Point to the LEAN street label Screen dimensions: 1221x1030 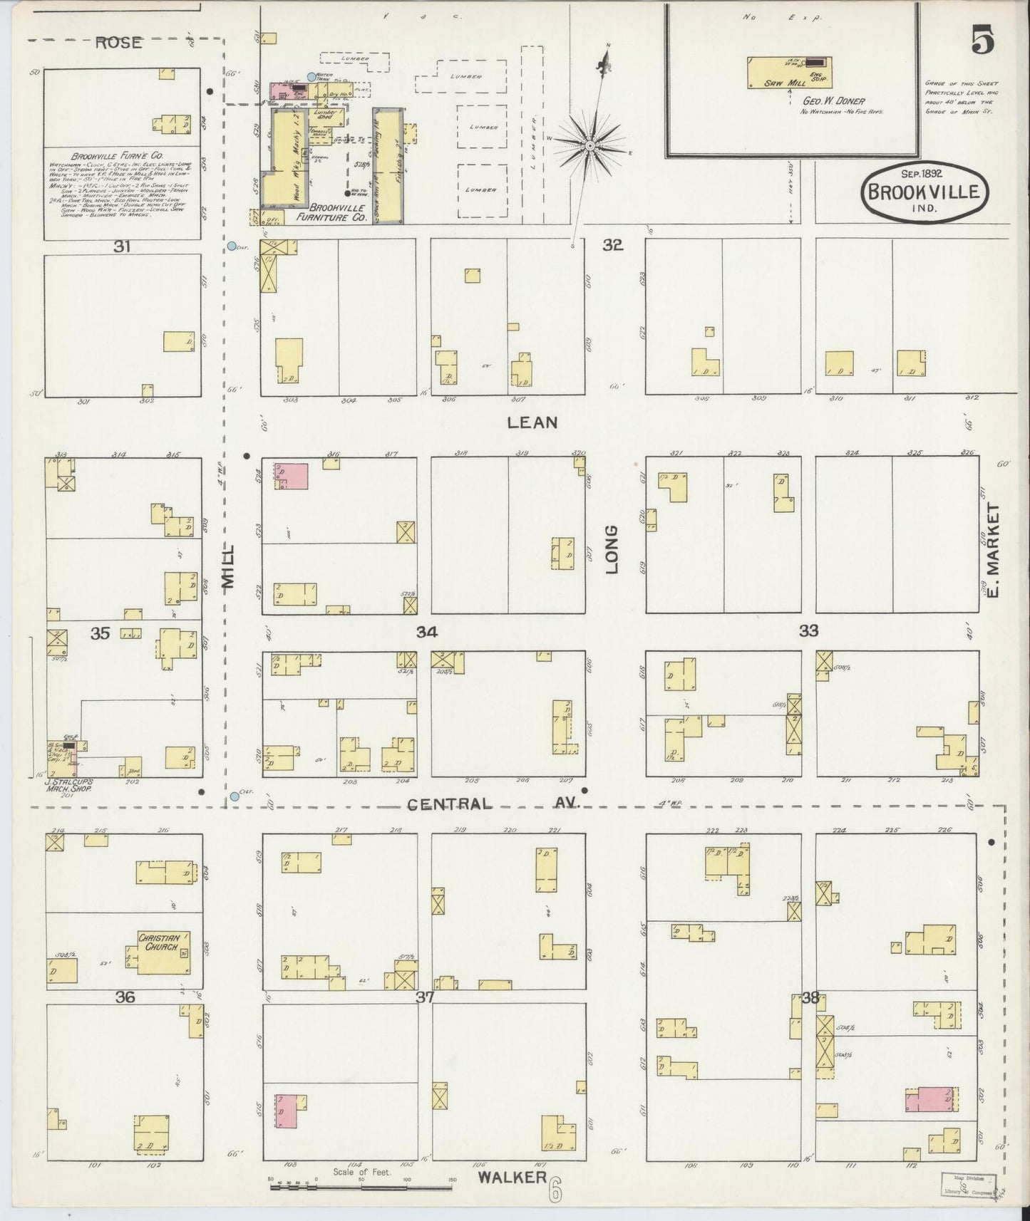[531, 422]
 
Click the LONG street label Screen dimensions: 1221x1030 [612, 549]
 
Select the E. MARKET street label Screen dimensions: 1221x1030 [995, 549]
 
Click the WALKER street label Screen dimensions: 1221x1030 [512, 1176]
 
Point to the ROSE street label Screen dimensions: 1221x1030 [118, 43]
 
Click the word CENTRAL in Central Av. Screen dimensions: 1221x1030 [449, 804]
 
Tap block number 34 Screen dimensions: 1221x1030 [426, 632]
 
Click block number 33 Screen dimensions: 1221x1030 [808, 630]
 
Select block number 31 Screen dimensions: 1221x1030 [122, 246]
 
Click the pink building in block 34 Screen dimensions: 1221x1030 [291, 476]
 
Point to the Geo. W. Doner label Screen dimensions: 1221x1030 [834, 102]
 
